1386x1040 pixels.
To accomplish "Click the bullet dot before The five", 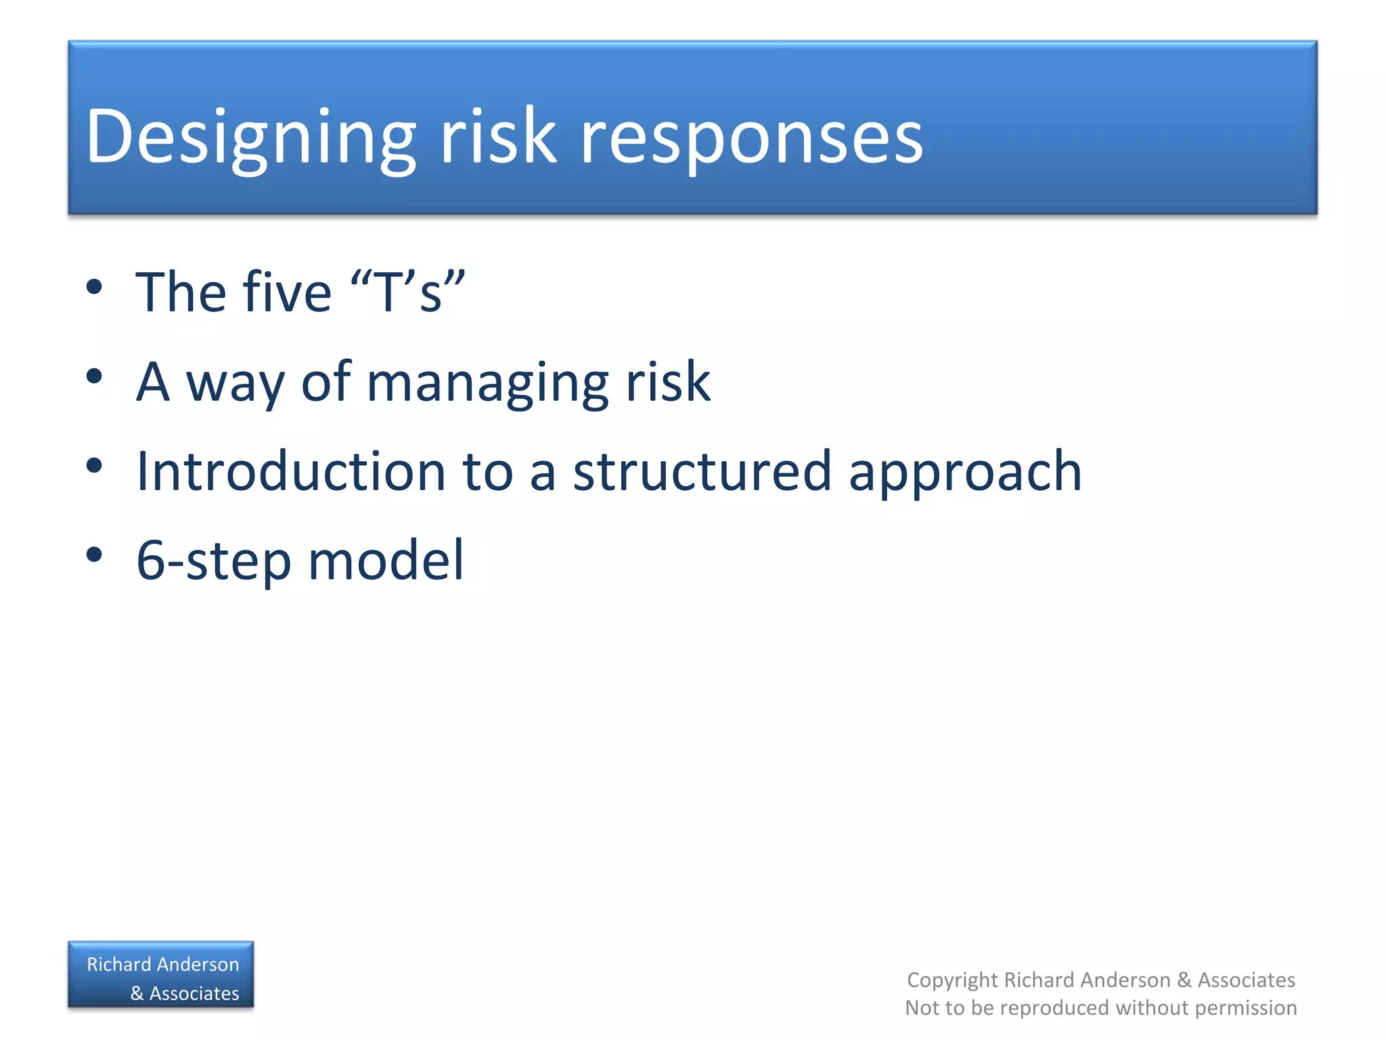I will coord(94,286).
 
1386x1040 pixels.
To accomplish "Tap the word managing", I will coord(487,383).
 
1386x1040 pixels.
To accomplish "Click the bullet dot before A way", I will coord(94,376).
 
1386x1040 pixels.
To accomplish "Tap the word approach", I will coord(965,473).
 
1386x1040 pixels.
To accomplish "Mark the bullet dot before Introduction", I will coord(94,466).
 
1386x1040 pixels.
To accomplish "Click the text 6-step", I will coord(213,561).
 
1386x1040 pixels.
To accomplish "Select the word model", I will coord(386,560).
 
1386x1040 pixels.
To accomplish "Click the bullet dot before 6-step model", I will coord(94,555).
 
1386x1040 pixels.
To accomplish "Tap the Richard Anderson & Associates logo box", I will coord(161,975).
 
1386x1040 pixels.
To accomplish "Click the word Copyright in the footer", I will coord(952,980).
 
